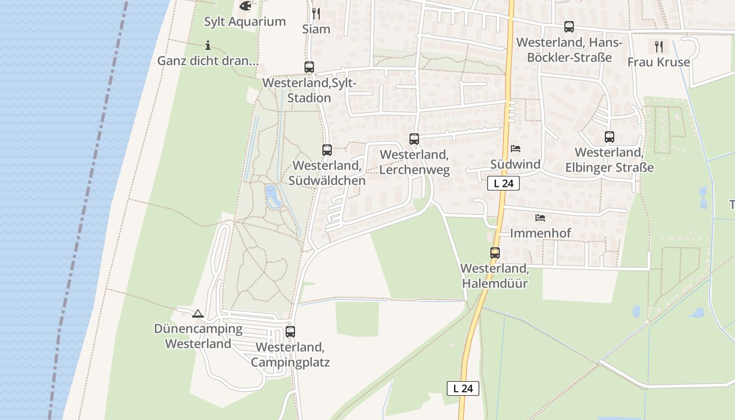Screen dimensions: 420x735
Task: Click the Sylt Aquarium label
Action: coord(245,22)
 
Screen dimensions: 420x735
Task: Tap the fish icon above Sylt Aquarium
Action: coord(245,6)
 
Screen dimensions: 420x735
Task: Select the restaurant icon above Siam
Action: coord(316,13)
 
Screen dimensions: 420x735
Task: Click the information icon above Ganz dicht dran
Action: coord(208,45)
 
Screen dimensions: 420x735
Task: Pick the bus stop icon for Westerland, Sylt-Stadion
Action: coord(309,67)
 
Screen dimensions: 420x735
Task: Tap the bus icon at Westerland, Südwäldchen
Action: coord(327,150)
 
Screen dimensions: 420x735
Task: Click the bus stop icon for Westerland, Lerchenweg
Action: coord(414,139)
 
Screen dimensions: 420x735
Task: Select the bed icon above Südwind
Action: coord(516,149)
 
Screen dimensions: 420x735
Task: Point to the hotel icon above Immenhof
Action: coord(540,217)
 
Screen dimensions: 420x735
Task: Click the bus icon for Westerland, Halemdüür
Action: coord(495,253)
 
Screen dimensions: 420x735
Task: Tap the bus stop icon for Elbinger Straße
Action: coord(610,137)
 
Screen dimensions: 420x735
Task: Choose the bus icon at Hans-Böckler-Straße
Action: coord(569,27)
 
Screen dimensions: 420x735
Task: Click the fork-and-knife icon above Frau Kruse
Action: coord(659,47)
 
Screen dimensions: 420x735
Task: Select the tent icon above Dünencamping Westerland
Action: coord(198,314)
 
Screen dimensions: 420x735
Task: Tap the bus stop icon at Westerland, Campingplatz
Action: coord(290,332)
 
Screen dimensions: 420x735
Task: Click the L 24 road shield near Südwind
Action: coord(503,183)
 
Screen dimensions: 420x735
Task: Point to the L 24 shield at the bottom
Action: coord(463,388)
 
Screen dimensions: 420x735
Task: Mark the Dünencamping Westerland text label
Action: coord(198,337)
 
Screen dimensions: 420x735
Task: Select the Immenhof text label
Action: coord(540,233)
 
